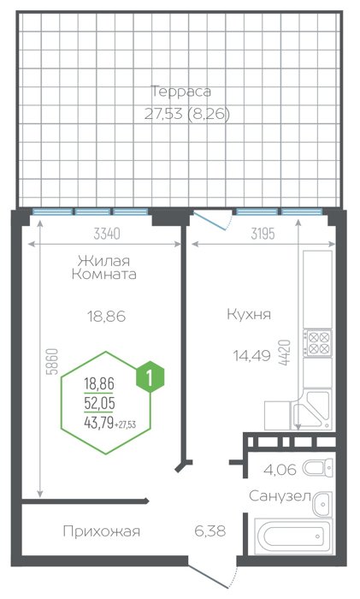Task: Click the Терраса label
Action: tap(181, 92)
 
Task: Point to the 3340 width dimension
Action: tap(107, 234)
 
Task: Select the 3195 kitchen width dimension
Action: tap(263, 234)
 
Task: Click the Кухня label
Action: tap(249, 314)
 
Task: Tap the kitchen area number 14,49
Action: tap(252, 356)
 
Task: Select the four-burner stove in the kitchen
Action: tap(317, 343)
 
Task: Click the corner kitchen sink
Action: tap(311, 410)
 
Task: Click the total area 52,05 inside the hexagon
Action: tap(100, 403)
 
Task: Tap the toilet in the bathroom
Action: tap(317, 467)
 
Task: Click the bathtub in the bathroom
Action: tap(293, 535)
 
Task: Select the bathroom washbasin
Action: tap(322, 504)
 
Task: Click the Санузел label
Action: tap(280, 496)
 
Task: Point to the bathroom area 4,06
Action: tap(280, 470)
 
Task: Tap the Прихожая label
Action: tap(102, 531)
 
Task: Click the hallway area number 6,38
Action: tap(210, 531)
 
